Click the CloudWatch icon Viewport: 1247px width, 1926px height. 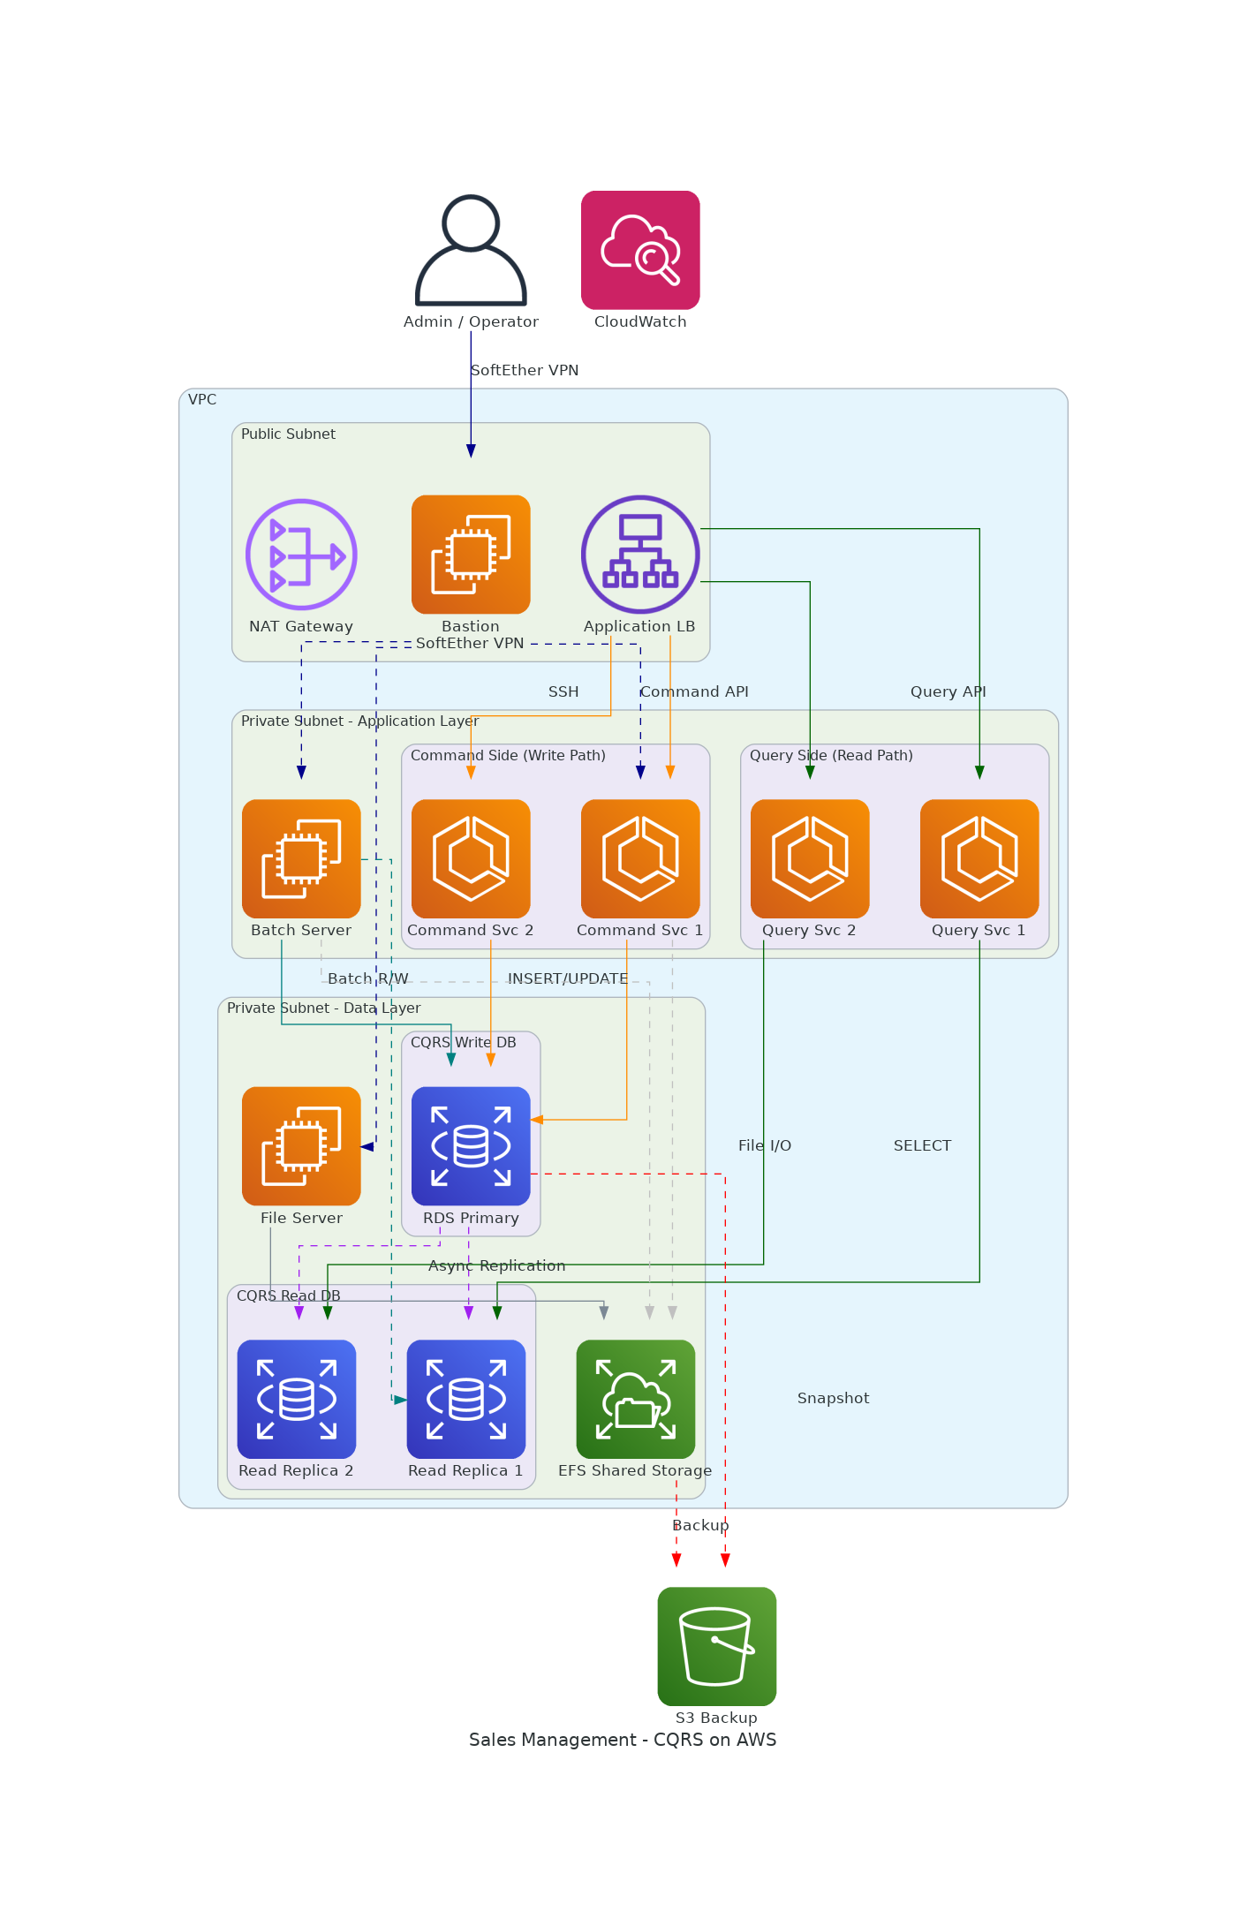tap(640, 250)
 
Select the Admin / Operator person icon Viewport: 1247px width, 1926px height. tap(471, 250)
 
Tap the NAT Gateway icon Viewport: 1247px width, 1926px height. tap(301, 555)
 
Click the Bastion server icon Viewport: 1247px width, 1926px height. tap(471, 555)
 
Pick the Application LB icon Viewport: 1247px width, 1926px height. tap(640, 555)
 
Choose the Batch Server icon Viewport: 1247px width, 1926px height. tap(301, 858)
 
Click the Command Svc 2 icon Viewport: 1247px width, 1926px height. tap(471, 858)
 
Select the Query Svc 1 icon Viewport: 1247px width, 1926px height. tap(979, 858)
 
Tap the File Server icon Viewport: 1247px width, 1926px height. tap(301, 1145)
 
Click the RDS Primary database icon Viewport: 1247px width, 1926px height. tap(471, 1145)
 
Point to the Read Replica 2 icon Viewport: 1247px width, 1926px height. tap(297, 1399)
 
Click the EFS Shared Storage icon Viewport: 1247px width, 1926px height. tap(636, 1399)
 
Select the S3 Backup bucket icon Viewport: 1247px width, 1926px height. tap(717, 1646)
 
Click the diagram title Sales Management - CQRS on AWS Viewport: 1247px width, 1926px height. tap(623, 1740)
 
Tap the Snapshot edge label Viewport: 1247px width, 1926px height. tap(833, 1398)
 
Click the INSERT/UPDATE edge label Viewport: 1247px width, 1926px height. tap(568, 978)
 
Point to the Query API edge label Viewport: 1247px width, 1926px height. tap(948, 691)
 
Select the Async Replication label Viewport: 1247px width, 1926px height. tap(496, 1265)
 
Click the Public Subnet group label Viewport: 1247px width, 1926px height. tap(288, 434)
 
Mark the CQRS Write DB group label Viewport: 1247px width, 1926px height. tap(463, 1042)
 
